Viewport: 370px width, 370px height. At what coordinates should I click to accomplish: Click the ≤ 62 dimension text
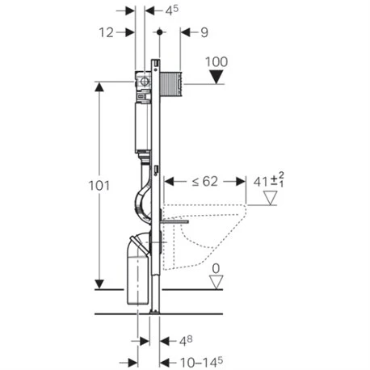click(204, 181)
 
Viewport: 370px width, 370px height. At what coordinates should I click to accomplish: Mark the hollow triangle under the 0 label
click(215, 282)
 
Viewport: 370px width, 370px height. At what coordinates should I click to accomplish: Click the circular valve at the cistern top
click(141, 82)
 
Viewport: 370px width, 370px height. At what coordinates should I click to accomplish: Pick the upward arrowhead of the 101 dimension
click(100, 86)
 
